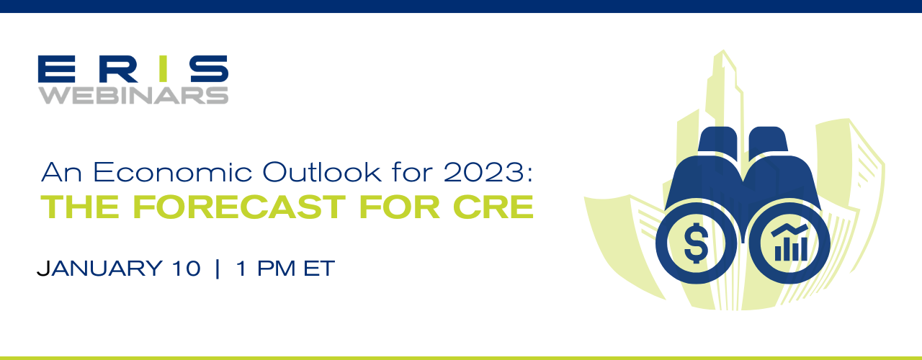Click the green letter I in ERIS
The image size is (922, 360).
(x=164, y=68)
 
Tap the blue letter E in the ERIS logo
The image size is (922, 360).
(x=57, y=68)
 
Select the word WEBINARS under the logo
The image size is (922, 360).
(x=133, y=95)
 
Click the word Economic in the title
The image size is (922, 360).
(x=172, y=172)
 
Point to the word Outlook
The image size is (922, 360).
(x=322, y=171)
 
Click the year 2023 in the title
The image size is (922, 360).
(x=483, y=172)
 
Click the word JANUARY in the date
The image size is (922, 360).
(x=99, y=269)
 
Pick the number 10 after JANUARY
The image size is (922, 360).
(x=187, y=269)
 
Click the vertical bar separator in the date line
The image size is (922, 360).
(x=218, y=269)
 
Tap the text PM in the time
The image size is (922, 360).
(x=276, y=269)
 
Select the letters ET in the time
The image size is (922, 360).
(x=319, y=269)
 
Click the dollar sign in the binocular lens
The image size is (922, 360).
(x=696, y=243)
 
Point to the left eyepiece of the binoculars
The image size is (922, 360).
(x=718, y=139)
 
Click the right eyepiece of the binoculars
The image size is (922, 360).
(x=768, y=139)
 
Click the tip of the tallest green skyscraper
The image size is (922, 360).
(x=723, y=50)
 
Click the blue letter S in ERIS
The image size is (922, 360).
(x=209, y=68)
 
